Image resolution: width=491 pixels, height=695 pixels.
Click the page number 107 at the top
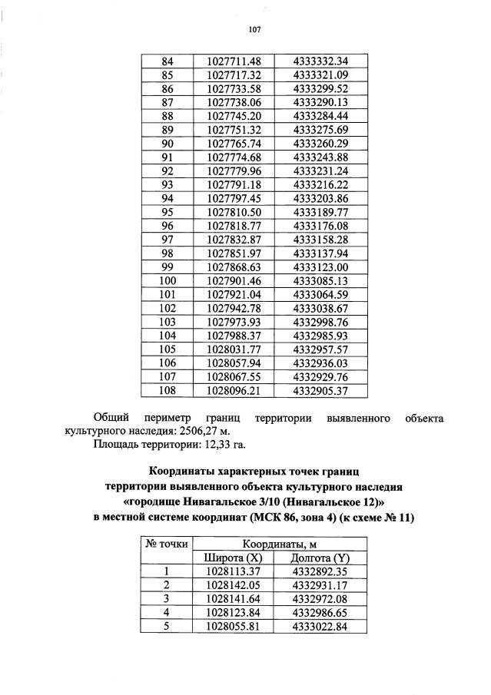tap(256, 30)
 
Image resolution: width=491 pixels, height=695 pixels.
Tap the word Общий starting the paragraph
tap(111, 419)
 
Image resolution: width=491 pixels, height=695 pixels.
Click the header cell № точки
tap(167, 544)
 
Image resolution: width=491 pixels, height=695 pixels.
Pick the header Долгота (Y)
tap(321, 558)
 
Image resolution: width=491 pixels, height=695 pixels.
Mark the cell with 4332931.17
tap(321, 585)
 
